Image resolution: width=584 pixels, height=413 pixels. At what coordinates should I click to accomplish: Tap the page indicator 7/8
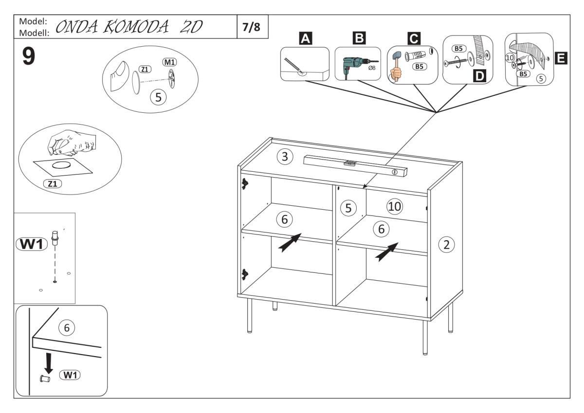tap(251, 27)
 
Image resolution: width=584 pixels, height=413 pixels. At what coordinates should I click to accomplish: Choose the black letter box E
tap(561, 59)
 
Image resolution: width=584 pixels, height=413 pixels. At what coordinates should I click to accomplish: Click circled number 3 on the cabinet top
tap(285, 157)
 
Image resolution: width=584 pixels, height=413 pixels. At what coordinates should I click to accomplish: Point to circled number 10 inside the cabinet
tap(394, 206)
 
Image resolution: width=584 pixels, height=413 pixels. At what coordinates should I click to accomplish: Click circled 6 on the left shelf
tap(285, 220)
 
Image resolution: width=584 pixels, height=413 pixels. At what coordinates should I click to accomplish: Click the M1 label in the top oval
tap(169, 63)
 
